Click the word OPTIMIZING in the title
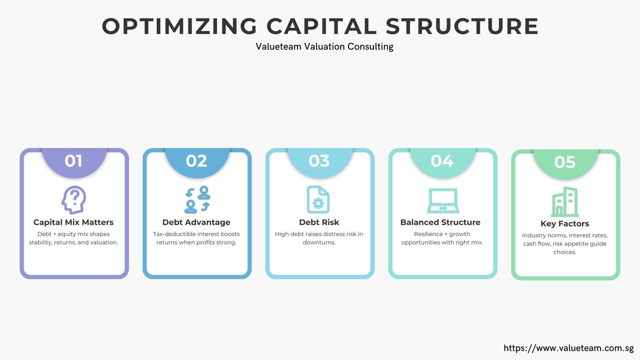pos(180,26)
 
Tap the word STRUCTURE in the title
pos(462,26)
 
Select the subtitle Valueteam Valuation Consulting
pos(324,46)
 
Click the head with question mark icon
pos(74,200)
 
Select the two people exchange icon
pos(197,200)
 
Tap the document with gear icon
pos(318,200)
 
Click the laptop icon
pos(443,200)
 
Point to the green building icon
pos(565,202)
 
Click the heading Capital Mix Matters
pos(74,222)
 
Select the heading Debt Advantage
pos(196,222)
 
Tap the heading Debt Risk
pos(319,222)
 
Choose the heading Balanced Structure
pos(440,222)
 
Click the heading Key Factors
pos(565,224)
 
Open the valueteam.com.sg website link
pos(568,348)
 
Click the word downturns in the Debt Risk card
pos(319,242)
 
